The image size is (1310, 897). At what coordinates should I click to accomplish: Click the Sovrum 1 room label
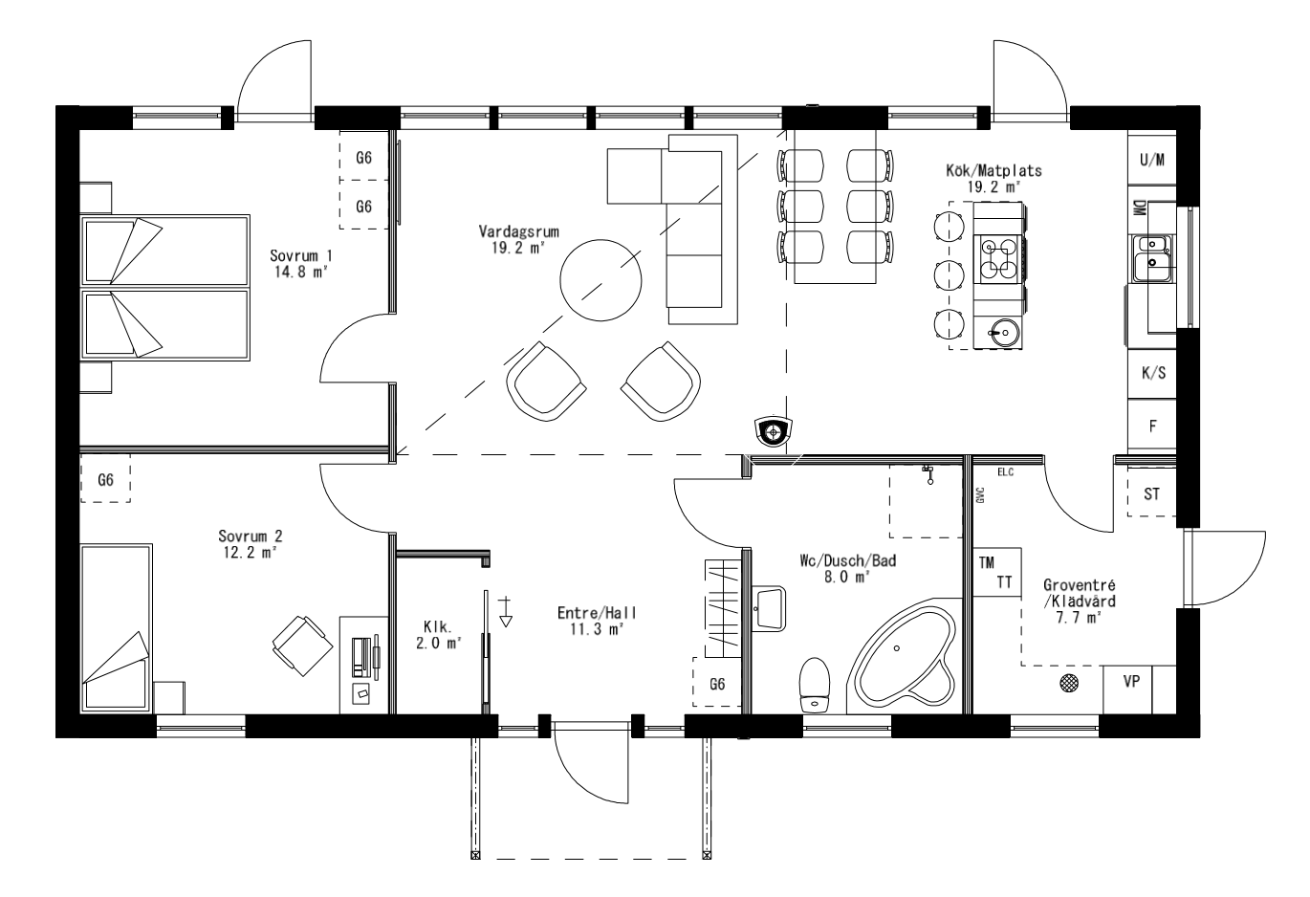click(x=300, y=263)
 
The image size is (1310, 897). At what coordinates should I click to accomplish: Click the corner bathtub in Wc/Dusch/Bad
click(x=902, y=659)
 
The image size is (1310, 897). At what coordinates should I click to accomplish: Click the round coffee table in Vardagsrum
click(x=600, y=280)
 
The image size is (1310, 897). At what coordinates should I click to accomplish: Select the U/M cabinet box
click(x=1152, y=160)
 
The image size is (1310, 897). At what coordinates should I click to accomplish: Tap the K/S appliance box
click(x=1152, y=374)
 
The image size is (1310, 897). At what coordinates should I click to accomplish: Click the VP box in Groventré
click(x=1129, y=684)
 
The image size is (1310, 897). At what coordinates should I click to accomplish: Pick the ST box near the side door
click(x=1151, y=494)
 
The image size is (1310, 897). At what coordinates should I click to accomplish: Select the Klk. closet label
click(x=437, y=635)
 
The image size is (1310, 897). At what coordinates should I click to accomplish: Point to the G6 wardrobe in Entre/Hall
click(x=717, y=683)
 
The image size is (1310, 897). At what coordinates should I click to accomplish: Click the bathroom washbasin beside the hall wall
click(x=768, y=608)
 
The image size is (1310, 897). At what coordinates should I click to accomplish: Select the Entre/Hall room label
click(x=597, y=621)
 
